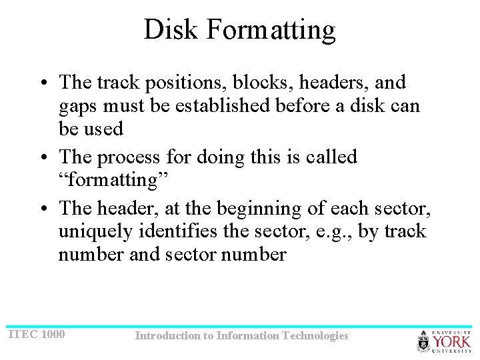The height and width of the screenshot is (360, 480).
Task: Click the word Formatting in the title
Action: point(271,30)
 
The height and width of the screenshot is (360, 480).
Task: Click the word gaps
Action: point(77,105)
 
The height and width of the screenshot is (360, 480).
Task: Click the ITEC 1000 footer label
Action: point(37,333)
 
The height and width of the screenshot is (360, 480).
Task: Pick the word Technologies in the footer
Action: point(315,335)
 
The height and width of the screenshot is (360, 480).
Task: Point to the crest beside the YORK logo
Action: point(424,341)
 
